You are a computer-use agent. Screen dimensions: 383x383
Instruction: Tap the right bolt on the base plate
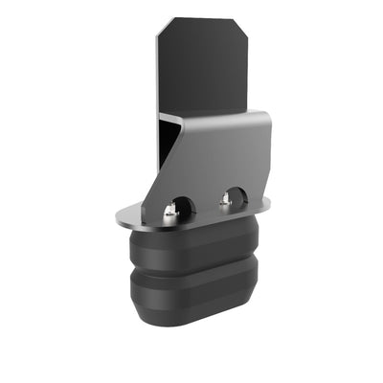coord(226,199)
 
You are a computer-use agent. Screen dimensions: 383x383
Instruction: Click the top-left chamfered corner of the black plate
coord(164,28)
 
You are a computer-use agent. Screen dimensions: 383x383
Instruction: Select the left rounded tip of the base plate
coord(120,219)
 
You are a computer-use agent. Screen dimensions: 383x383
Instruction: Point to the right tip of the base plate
coord(267,202)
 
